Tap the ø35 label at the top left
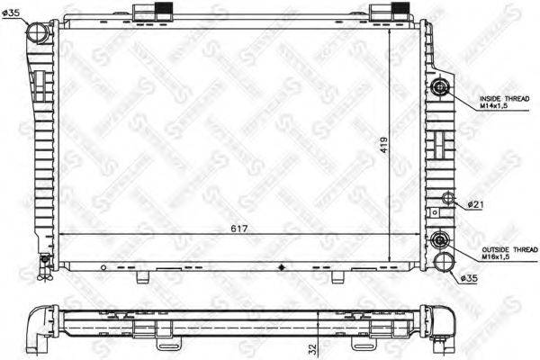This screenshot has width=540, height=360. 15,12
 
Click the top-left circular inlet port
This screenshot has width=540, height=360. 39,33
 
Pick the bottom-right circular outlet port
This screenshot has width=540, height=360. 443,262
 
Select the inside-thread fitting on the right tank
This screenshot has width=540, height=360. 440,87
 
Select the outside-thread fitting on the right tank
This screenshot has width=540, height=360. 440,240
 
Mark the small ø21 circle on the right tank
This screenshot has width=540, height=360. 446,200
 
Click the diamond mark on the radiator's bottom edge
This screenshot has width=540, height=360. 283,266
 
